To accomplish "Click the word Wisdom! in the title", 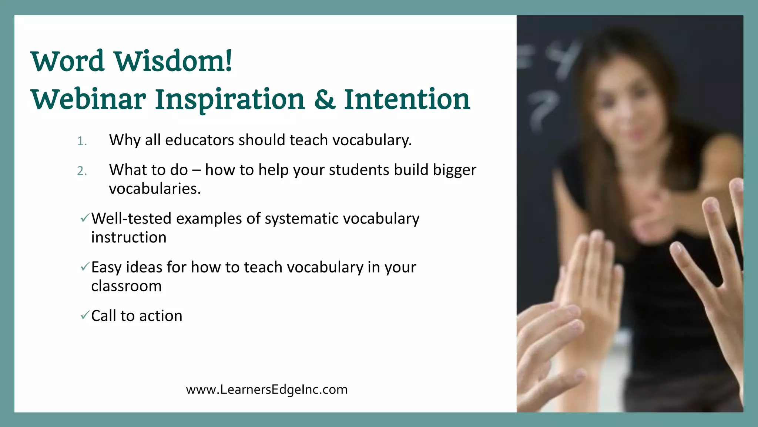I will [173, 61].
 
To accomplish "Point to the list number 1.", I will [82, 141].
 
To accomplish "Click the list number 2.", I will [82, 171].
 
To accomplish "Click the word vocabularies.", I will [155, 189].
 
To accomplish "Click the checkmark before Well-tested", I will [85, 218].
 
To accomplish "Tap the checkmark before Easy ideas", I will [85, 267].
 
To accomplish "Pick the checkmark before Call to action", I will [85, 315].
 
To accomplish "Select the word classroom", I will [126, 286].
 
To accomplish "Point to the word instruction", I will [128, 238].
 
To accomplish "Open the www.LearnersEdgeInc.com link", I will [266, 390].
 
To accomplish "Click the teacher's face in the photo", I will [629, 107].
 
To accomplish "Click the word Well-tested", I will [131, 219].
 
